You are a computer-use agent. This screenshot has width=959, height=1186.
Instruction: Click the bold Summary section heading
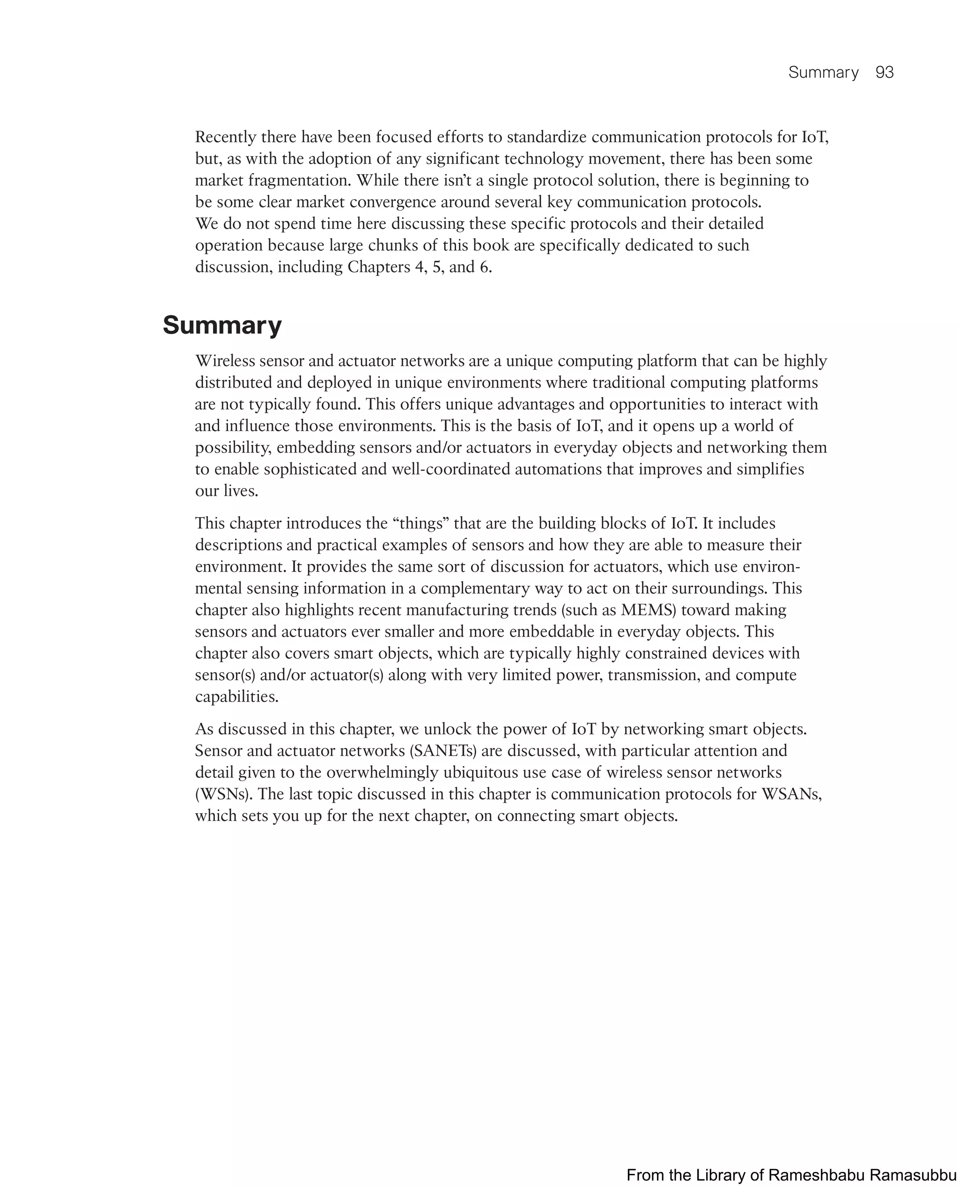point(222,325)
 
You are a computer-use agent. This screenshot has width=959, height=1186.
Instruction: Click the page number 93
point(885,73)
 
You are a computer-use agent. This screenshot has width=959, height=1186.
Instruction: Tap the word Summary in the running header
point(823,73)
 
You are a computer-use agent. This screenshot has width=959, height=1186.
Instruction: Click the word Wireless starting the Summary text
point(225,361)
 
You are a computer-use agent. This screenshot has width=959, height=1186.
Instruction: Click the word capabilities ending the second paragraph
point(236,697)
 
